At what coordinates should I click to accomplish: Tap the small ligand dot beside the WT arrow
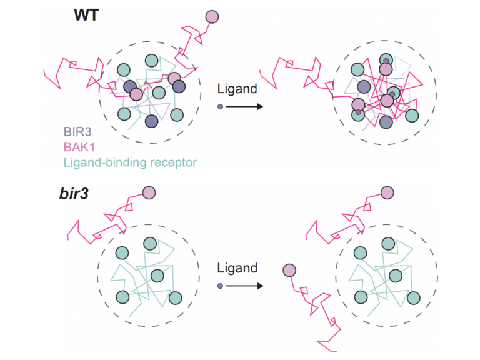[220, 106]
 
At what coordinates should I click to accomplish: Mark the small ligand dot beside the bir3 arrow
[220, 286]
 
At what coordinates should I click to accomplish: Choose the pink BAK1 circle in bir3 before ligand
[149, 193]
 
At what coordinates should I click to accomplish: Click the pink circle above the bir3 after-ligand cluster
[387, 192]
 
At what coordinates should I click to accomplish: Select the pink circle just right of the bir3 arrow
[289, 271]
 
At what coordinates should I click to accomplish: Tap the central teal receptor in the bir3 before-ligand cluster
[156, 274]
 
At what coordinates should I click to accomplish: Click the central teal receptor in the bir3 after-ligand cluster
[396, 275]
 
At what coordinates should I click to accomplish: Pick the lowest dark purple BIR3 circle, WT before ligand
[151, 121]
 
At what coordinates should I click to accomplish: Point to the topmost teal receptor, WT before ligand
[151, 61]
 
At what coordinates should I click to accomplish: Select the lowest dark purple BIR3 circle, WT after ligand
[386, 122]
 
